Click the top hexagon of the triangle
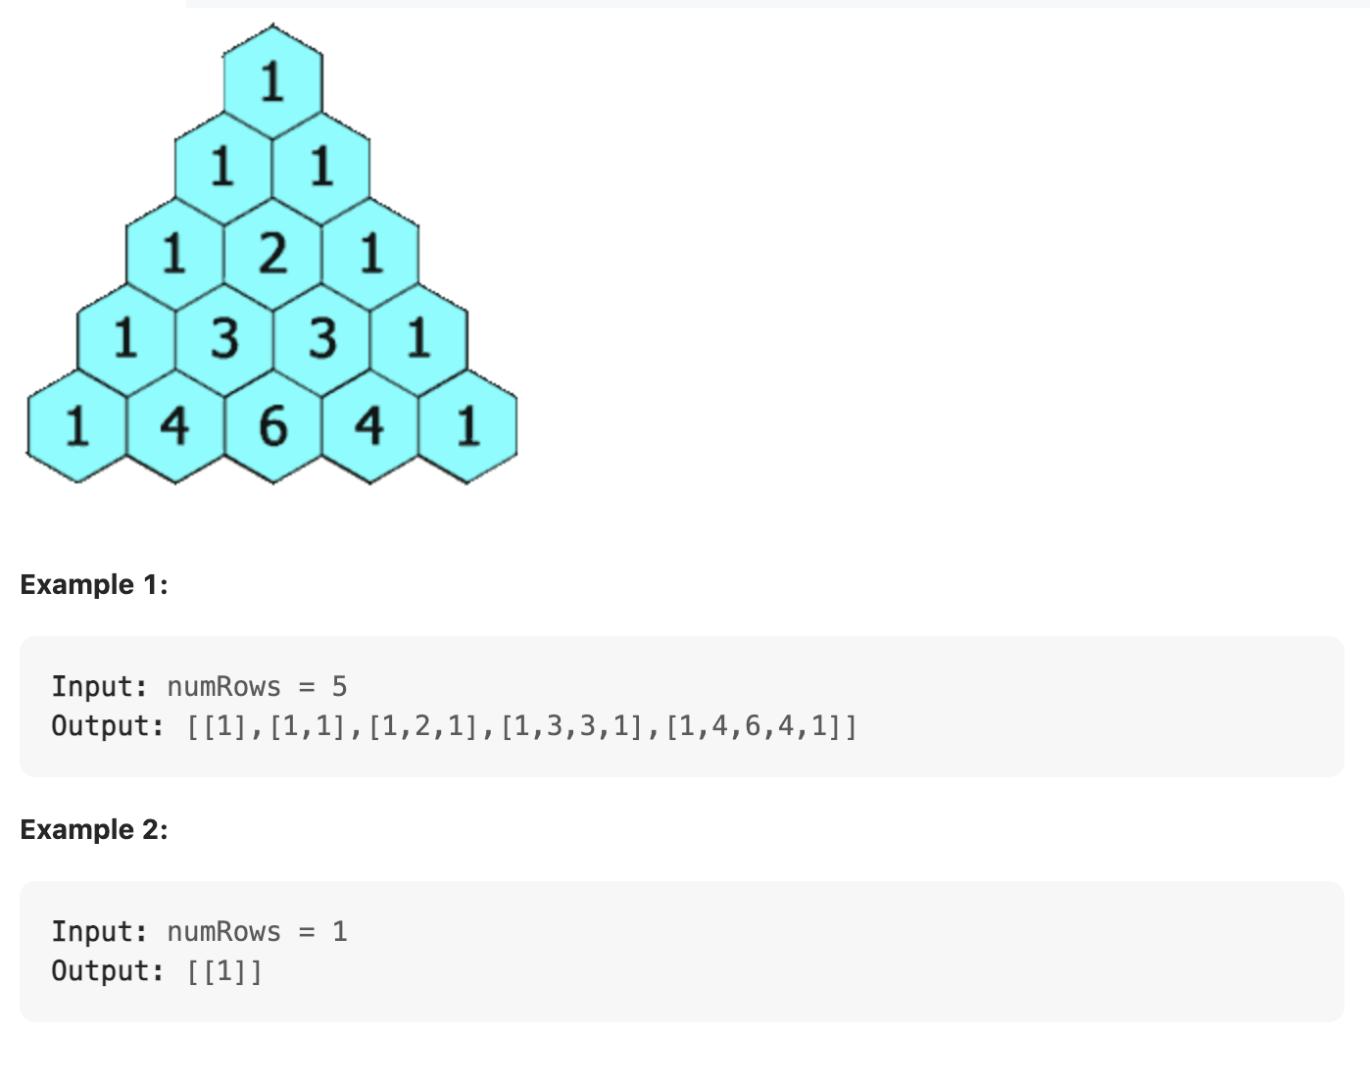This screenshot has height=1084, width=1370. [272, 81]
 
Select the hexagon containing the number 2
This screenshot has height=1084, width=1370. [272, 253]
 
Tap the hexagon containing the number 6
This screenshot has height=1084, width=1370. [272, 425]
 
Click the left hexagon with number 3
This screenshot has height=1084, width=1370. [224, 339]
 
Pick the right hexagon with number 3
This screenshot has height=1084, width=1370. [321, 339]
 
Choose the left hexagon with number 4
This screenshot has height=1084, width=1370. [175, 425]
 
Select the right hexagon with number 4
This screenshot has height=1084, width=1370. [369, 425]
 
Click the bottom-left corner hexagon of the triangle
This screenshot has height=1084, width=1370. [77, 425]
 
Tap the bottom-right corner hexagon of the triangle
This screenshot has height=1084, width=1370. [467, 425]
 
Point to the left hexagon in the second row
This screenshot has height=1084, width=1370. [223, 167]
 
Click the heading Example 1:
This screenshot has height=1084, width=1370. [94, 585]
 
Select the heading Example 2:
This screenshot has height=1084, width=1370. [94, 830]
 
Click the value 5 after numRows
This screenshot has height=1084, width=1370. [339, 686]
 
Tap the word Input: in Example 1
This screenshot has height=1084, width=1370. [99, 686]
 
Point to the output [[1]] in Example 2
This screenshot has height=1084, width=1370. [224, 971]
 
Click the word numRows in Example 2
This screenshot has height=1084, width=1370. [223, 931]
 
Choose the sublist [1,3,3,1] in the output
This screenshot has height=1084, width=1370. [572, 726]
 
